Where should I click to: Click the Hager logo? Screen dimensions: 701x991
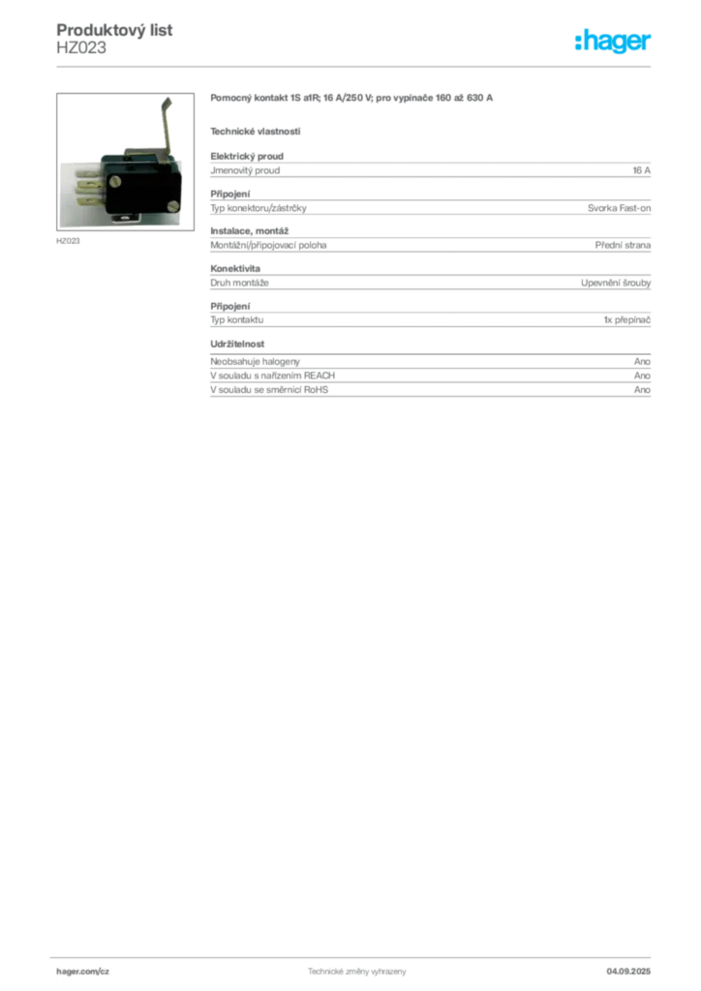(612, 41)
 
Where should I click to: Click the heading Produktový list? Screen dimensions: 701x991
(114, 30)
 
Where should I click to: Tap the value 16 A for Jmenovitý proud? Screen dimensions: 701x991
(641, 170)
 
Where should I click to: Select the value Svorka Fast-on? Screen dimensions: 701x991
(619, 208)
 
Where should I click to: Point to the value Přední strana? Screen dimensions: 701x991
(623, 245)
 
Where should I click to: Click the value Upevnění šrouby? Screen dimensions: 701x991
(616, 284)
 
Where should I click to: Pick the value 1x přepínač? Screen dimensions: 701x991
(626, 319)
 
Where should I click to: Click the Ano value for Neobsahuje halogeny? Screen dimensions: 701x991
(642, 362)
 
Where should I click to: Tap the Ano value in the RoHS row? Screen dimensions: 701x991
(642, 390)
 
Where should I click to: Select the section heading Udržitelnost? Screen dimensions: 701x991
(237, 344)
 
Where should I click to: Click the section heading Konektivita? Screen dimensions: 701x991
(235, 269)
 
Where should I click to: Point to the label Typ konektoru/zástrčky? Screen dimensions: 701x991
(259, 208)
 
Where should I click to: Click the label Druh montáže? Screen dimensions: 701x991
(239, 284)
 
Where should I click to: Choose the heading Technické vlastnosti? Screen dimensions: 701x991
(256, 132)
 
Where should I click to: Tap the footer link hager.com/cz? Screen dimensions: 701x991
(83, 972)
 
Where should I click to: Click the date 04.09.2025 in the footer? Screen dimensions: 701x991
(628, 972)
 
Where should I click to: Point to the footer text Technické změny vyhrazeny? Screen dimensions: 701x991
(357, 972)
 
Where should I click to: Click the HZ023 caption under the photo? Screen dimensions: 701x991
(68, 241)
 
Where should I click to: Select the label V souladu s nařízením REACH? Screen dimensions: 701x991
(272, 375)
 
